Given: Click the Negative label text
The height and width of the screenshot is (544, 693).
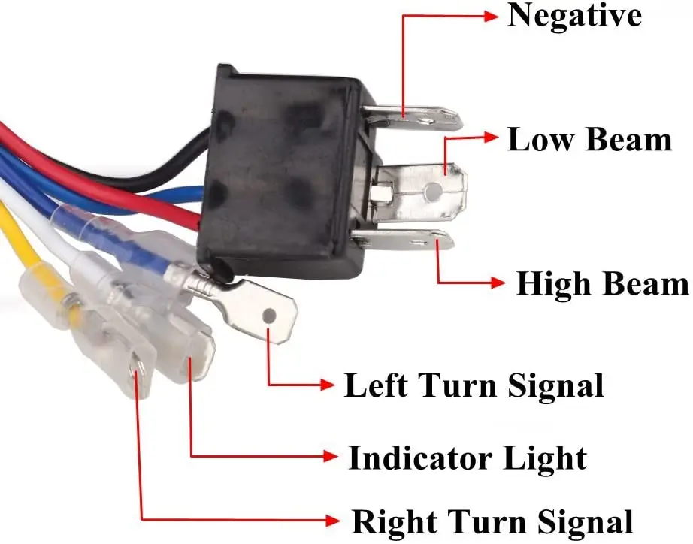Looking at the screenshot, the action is (574, 16).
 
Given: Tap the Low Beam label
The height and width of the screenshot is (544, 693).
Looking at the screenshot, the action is (589, 140).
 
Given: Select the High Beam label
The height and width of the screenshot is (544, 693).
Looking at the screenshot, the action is (602, 284).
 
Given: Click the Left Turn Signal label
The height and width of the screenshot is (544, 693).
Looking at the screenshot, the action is (474, 385).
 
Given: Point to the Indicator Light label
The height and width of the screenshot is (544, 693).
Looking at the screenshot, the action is (467, 458).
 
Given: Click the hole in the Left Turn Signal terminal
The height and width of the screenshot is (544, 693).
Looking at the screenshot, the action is (270, 316).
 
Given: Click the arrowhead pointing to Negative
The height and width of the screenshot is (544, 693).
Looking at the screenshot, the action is (492, 15).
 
